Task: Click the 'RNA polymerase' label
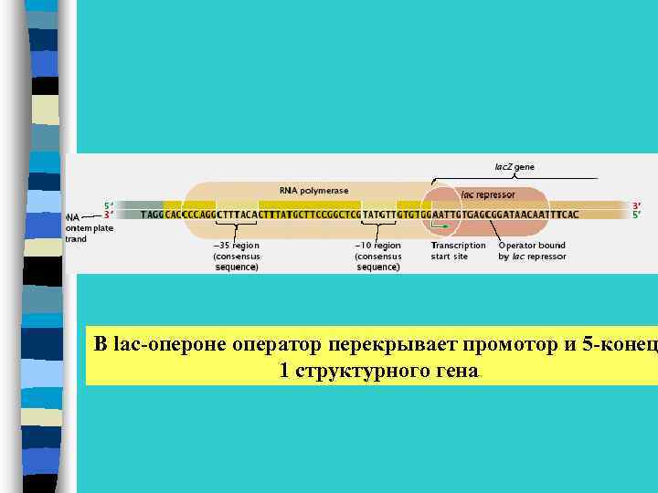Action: pyautogui.click(x=313, y=190)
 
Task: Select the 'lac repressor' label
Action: pyautogui.click(x=488, y=194)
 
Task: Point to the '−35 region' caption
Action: pyautogui.click(x=237, y=246)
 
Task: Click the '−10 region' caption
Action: pyautogui.click(x=377, y=246)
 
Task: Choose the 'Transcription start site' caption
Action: pyautogui.click(x=458, y=251)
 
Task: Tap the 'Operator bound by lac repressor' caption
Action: pyautogui.click(x=532, y=251)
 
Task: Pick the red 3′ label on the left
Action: pyautogui.click(x=109, y=215)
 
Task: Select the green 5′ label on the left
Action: pyautogui.click(x=109, y=205)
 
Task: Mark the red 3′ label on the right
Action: pyautogui.click(x=637, y=205)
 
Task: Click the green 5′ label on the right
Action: pyautogui.click(x=637, y=215)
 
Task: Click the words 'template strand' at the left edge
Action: pyautogui.click(x=89, y=233)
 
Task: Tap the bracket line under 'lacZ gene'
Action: pyautogui.click(x=530, y=177)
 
